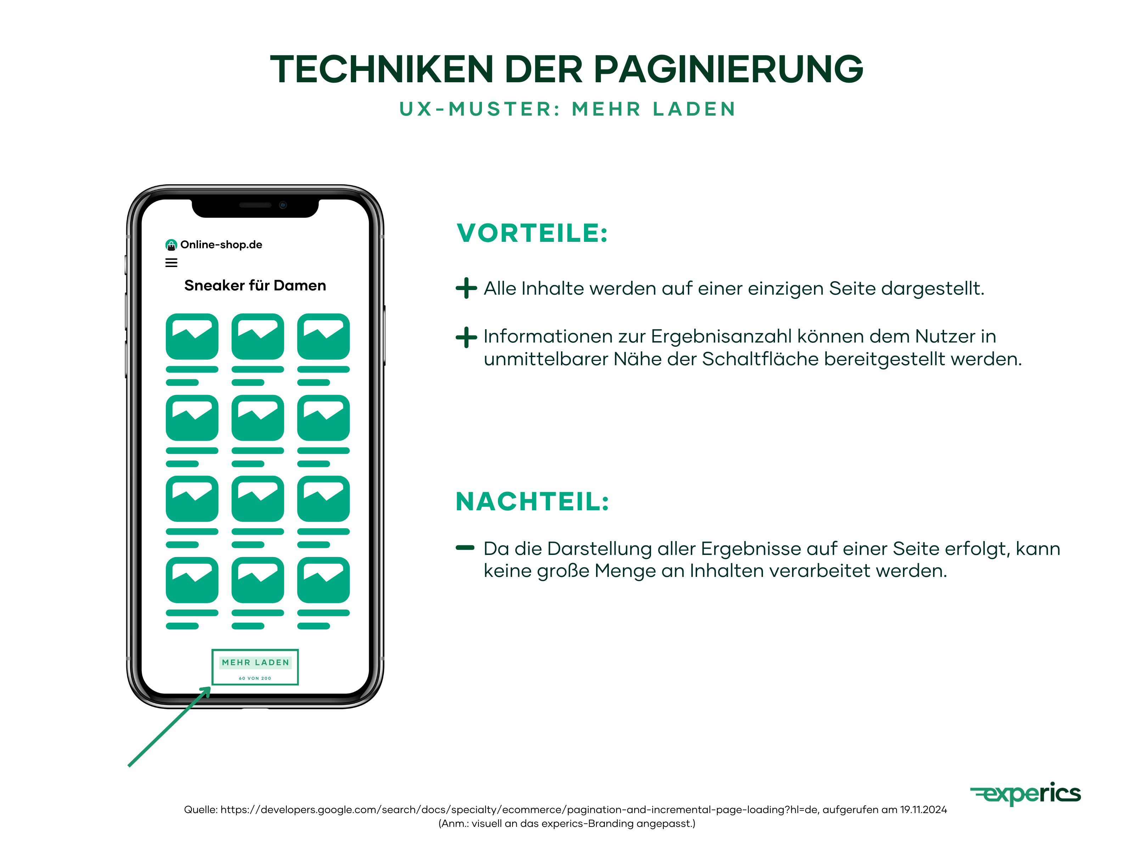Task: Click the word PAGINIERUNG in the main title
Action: tap(728, 69)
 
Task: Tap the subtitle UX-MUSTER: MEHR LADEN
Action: tap(567, 109)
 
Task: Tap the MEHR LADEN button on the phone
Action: tap(255, 662)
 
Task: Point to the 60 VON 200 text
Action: tap(255, 678)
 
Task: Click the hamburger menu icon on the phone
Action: tap(171, 263)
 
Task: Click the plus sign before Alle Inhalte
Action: tap(466, 288)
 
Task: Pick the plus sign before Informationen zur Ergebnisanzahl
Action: tap(466, 337)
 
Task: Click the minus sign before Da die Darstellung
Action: tap(465, 548)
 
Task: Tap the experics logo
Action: tap(1025, 794)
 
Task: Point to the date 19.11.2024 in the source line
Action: tap(923, 810)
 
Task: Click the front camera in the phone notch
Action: tap(282, 205)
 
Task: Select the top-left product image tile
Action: tap(192, 336)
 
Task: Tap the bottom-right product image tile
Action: tap(324, 580)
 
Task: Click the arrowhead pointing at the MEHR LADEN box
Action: tap(207, 691)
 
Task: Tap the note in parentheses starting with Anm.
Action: tap(567, 823)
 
